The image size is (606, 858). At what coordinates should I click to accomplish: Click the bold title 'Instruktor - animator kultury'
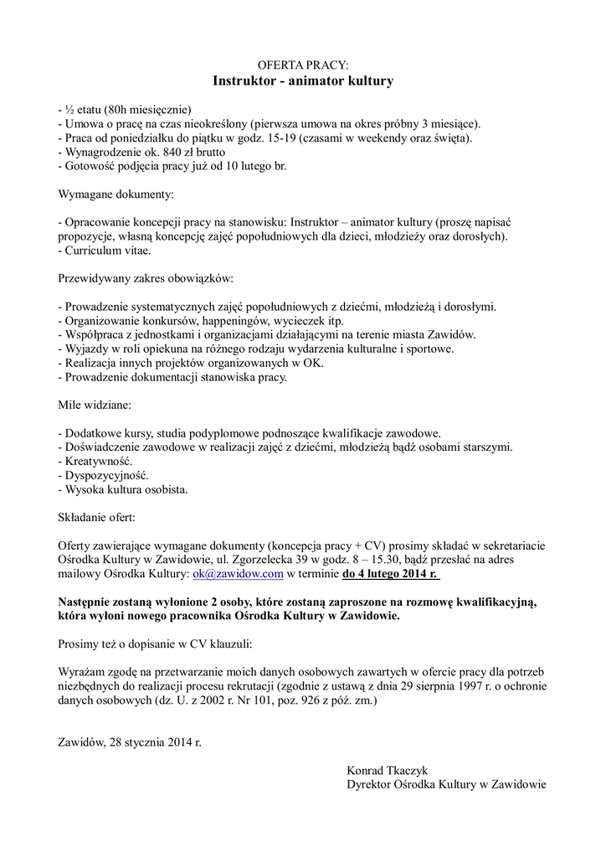click(302, 81)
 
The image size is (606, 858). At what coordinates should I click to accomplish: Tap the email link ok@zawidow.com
click(239, 574)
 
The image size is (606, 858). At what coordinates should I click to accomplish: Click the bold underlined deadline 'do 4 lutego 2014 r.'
click(391, 574)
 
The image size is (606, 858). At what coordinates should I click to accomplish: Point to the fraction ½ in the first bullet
click(69, 109)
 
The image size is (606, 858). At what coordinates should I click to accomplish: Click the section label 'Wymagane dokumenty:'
click(116, 194)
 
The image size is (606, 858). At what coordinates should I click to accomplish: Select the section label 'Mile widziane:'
click(94, 405)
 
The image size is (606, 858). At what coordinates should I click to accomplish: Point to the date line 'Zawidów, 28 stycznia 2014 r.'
click(130, 742)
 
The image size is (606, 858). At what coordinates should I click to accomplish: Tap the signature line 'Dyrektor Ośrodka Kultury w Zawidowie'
click(446, 784)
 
